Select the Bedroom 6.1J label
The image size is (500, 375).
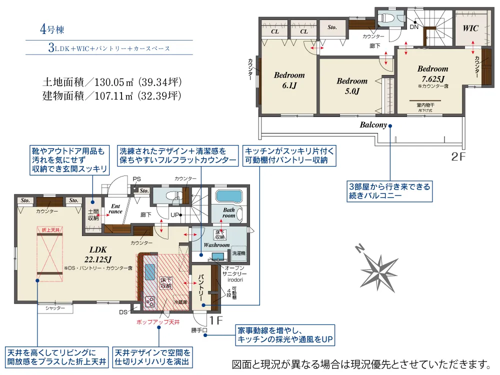pyautogui.click(x=289, y=80)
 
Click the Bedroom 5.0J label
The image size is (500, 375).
pyautogui.click(x=352, y=86)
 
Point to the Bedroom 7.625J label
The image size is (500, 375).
pyautogui.click(x=433, y=73)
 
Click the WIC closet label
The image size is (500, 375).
pyautogui.click(x=470, y=28)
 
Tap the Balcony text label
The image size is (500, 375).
pyautogui.click(x=373, y=125)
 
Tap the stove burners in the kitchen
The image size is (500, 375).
pyautogui.click(x=149, y=301)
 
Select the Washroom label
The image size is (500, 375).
pyautogui.click(x=216, y=245)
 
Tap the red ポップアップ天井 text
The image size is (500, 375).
pyautogui.click(x=157, y=323)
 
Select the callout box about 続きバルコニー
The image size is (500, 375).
pyautogui.click(x=389, y=191)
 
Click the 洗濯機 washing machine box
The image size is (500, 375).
pyautogui.click(x=238, y=253)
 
